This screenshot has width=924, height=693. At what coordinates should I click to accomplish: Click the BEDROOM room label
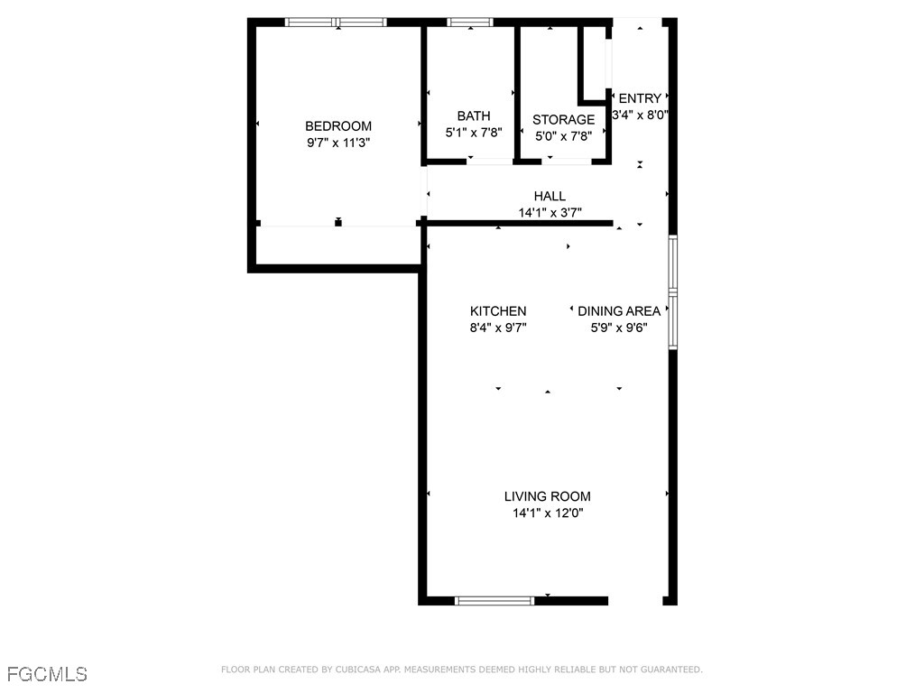coord(337,126)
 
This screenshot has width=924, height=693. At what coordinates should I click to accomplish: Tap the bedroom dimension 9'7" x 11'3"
coord(337,143)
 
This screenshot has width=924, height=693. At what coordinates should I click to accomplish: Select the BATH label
coord(473,115)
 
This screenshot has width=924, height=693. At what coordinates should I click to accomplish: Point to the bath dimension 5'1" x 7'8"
coord(473,132)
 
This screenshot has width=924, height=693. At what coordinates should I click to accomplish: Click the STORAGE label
coord(563,120)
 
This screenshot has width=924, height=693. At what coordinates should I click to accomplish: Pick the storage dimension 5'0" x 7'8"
coord(563,136)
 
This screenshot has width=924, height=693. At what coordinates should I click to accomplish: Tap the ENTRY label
coord(640,98)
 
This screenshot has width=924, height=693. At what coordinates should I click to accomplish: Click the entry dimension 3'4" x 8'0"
coord(640,115)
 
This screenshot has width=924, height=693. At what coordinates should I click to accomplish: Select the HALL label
coord(550,196)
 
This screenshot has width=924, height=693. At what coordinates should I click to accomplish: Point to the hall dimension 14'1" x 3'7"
coord(550,213)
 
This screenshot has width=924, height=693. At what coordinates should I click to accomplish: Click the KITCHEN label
coord(497,311)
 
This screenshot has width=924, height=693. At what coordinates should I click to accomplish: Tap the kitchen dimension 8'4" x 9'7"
coord(497,328)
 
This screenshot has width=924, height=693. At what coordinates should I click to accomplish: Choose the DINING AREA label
coord(619,311)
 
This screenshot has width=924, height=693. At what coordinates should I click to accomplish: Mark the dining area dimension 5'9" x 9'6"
coord(619,328)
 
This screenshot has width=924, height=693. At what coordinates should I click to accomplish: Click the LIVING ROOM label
coord(547,496)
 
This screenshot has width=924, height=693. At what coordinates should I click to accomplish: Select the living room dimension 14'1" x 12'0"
coord(547,513)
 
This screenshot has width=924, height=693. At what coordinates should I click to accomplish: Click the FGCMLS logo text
coord(47,674)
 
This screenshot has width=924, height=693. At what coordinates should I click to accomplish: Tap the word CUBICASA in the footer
coord(356,670)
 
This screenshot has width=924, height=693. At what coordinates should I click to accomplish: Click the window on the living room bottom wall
coord(494,600)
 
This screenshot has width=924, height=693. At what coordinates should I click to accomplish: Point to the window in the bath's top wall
coord(470,22)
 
